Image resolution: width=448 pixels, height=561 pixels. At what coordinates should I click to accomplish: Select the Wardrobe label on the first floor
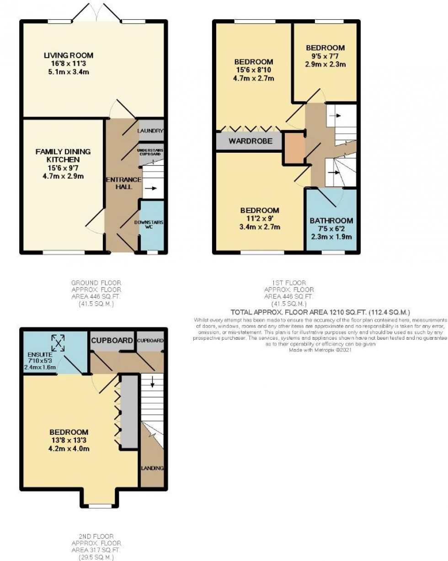point(249,141)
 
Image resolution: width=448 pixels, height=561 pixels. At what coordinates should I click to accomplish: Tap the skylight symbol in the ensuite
point(57,342)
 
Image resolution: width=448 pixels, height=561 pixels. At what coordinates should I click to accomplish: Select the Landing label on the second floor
point(151,468)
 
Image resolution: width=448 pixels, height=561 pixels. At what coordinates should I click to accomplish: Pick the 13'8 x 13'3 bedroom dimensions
point(69,440)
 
